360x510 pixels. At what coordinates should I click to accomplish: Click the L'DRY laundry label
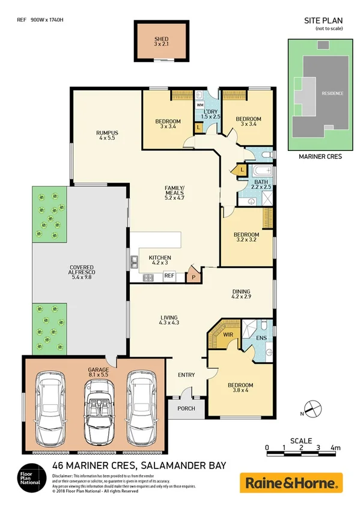click(210, 112)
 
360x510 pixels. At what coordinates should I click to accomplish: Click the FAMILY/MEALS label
click(174, 191)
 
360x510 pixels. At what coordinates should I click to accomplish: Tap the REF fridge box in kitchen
click(169, 277)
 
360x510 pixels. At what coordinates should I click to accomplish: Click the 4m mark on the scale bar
click(335, 449)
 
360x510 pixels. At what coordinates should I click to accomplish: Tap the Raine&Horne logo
click(291, 482)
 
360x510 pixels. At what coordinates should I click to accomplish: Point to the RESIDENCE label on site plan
click(332, 94)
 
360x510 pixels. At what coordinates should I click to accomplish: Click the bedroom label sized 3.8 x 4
click(240, 388)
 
